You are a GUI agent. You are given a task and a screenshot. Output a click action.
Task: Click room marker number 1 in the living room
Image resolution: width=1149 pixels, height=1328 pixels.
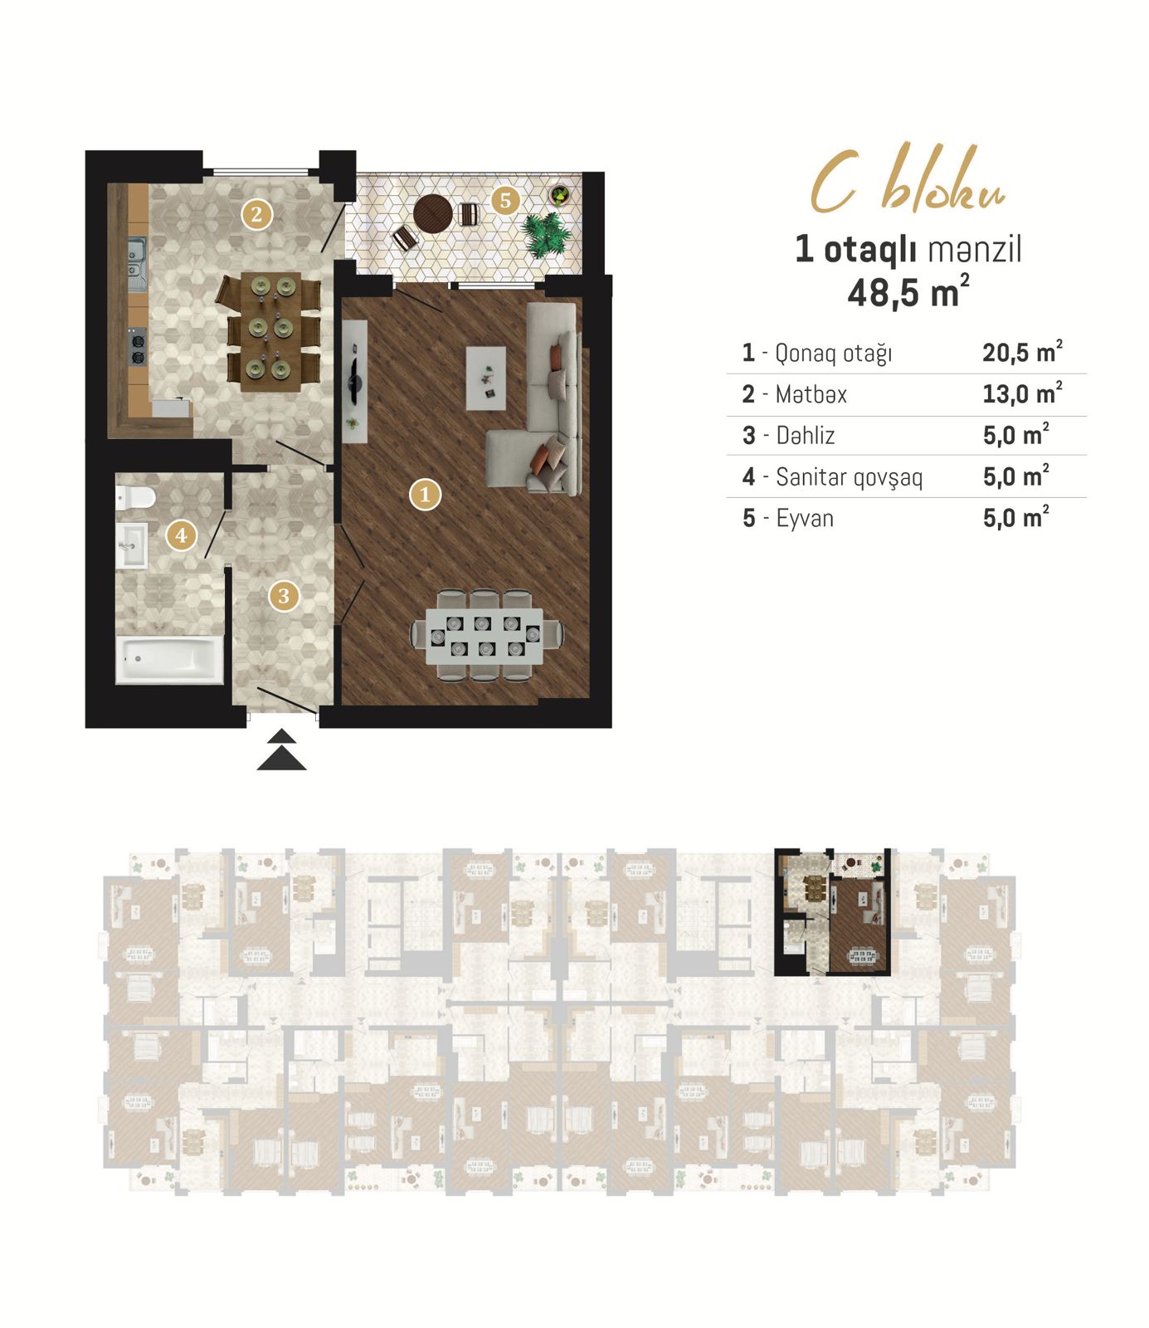click(425, 495)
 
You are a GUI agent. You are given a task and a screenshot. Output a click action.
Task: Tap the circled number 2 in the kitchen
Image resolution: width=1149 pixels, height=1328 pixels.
click(256, 214)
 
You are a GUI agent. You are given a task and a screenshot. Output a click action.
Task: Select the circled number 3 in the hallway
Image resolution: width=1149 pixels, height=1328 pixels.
click(284, 595)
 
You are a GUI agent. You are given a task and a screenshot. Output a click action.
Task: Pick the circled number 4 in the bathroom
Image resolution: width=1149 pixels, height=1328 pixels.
click(182, 535)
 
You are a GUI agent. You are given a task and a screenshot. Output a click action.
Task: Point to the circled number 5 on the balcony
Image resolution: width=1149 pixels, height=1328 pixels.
click(505, 200)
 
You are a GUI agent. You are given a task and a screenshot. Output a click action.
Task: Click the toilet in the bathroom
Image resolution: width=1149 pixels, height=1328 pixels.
click(135, 497)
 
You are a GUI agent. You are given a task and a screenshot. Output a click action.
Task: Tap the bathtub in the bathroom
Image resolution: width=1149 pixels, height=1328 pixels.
click(169, 660)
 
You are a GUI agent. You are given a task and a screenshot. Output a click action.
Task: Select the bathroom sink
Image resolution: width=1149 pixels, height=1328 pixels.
click(131, 545)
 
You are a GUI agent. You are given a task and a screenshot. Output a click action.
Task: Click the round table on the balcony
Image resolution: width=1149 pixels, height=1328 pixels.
click(433, 214)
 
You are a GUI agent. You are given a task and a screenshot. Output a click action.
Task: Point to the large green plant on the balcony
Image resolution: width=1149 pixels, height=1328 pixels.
click(547, 233)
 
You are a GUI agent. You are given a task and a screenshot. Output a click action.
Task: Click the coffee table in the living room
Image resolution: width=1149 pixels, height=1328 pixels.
click(486, 378)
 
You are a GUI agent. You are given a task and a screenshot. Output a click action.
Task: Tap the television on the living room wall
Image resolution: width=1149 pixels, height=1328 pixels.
click(355, 382)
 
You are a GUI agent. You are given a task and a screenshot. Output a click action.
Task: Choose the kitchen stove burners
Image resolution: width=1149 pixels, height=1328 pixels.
click(138, 347)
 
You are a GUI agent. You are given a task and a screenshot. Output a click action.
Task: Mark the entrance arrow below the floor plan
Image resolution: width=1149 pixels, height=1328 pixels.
click(282, 749)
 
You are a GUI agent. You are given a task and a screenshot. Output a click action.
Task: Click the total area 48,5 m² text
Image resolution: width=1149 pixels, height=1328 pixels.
click(908, 291)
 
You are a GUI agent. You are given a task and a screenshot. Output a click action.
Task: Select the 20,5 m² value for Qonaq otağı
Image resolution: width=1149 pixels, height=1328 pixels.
click(1022, 352)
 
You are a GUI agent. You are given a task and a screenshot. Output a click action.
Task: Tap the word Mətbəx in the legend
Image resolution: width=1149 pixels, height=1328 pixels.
click(811, 394)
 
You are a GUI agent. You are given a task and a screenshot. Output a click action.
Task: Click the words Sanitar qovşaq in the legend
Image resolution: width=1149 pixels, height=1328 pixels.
click(849, 477)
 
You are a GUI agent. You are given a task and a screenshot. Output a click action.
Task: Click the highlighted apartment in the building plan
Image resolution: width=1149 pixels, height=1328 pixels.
click(832, 911)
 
